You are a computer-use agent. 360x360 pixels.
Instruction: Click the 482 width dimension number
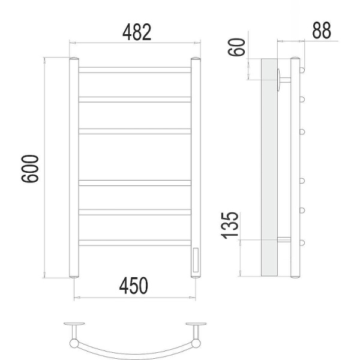point(137,32)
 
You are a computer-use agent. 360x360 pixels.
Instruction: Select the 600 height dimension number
point(30,169)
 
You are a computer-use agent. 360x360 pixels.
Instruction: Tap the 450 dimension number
point(134,286)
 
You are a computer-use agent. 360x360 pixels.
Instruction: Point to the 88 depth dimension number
point(322,30)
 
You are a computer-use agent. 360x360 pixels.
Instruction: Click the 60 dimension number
point(236,47)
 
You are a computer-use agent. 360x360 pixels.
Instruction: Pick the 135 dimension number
point(230,226)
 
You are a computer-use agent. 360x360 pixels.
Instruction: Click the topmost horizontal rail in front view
point(135,70)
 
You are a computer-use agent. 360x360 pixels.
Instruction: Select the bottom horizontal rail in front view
point(135,242)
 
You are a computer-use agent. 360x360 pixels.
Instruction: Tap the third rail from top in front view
point(135,131)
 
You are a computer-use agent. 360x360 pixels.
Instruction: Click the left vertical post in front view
point(74,167)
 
